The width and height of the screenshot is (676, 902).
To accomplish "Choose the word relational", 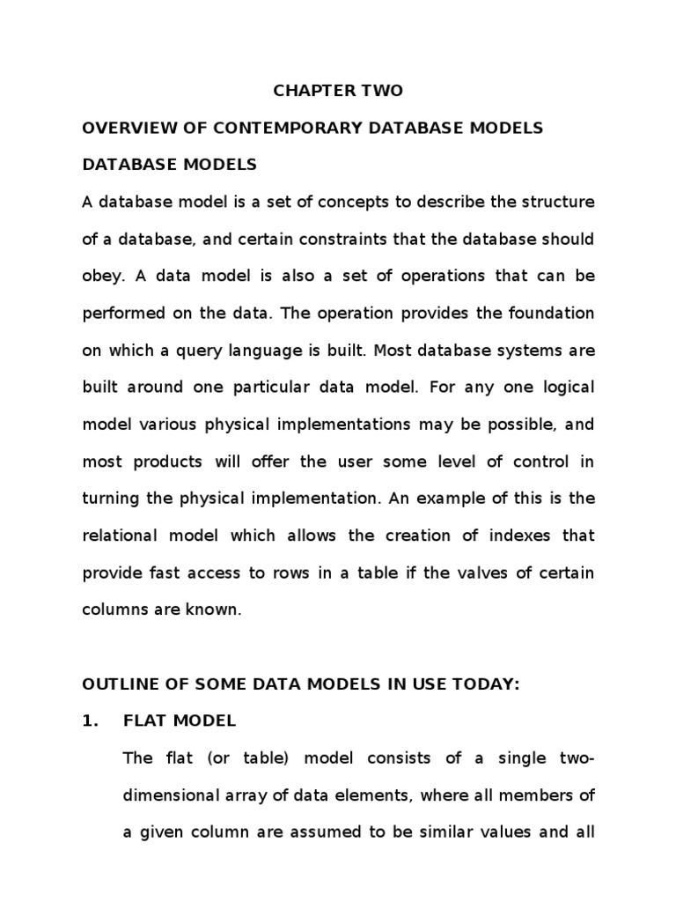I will (121, 536).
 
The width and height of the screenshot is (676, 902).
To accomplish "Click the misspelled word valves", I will (460, 573).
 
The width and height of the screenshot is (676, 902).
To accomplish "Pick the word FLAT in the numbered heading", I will (143, 721).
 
